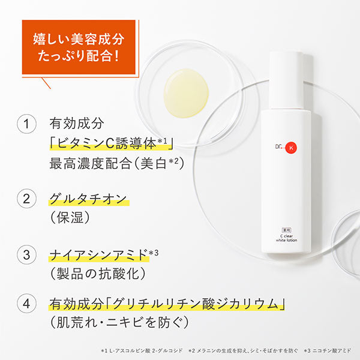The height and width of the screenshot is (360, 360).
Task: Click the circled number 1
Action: [x=26, y=124]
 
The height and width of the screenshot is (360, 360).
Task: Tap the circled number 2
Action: [x=26, y=199]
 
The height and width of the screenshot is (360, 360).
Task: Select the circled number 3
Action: [x=26, y=254]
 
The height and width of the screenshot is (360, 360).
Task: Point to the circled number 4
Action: [x=26, y=304]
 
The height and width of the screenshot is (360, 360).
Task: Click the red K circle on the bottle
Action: [x=291, y=148]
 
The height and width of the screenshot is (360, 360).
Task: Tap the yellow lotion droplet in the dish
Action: [x=186, y=93]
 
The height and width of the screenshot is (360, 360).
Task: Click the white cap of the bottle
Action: [x=286, y=80]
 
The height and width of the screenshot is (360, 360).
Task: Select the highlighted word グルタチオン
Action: [x=88, y=199]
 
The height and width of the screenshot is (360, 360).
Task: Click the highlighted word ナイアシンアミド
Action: [x=98, y=255]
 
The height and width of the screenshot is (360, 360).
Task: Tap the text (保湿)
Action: [x=70, y=217]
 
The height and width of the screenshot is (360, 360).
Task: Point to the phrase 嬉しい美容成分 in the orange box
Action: [x=79, y=39]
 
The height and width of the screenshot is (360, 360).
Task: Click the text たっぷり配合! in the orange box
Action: [x=79, y=56]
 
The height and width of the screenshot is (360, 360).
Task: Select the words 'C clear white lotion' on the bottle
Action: [x=286, y=238]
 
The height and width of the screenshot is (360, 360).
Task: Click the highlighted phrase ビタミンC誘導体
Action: [x=107, y=143]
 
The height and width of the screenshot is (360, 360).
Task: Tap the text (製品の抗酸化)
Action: [x=98, y=274]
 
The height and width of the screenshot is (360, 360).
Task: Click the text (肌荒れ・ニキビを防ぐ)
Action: [x=119, y=322]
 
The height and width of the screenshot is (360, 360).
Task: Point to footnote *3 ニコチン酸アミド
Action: [x=328, y=350]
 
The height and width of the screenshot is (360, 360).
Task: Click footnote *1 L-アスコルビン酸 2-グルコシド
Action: [x=142, y=350]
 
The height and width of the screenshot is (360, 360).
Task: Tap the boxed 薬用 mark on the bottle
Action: [x=286, y=230]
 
